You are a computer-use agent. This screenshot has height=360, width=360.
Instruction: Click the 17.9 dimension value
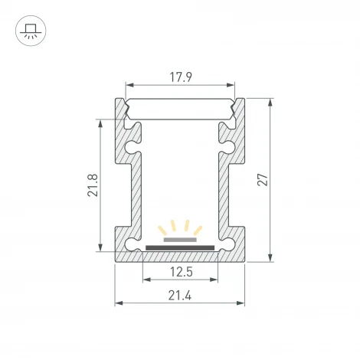pos(181,77)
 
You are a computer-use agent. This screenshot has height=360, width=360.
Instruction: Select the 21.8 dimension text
pos(93,185)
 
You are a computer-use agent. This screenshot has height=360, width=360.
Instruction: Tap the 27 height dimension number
pos(263,179)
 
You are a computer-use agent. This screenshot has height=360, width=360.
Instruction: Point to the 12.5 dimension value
pos(181,272)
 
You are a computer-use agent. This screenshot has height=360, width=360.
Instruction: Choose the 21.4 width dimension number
pos(180,296)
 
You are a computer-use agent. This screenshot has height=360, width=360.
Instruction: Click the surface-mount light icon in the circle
pos(31,31)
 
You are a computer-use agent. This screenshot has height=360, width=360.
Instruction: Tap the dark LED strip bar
pos(180,247)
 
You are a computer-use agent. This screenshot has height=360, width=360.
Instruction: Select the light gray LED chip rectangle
pos(180,240)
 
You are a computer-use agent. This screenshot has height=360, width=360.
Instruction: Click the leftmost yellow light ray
pos(162,231)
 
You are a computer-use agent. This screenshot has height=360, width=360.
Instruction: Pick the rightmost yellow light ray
pos(198,231)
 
